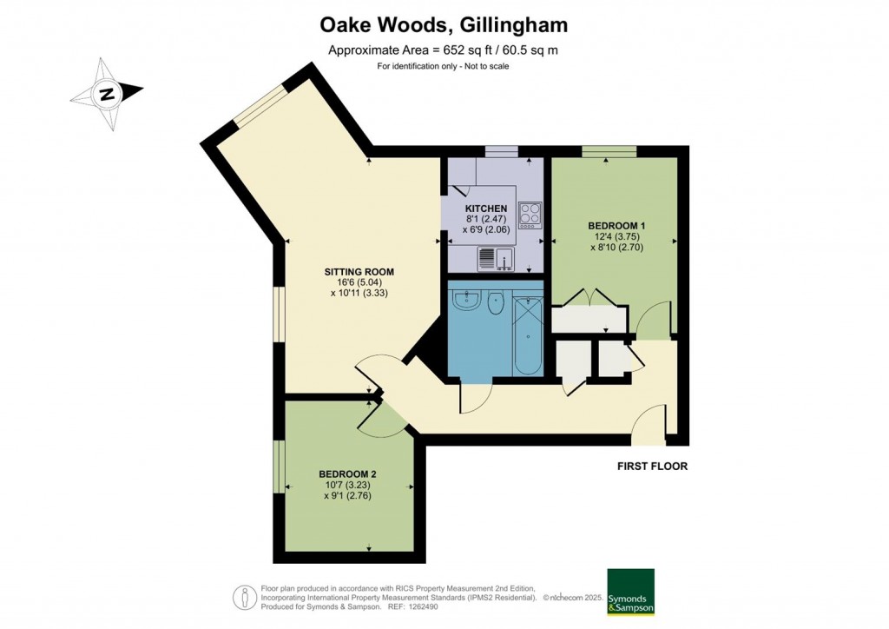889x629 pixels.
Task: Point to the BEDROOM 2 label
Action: [x=347, y=473]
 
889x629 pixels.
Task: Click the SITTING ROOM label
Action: [x=356, y=270]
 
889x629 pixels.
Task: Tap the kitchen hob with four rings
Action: [x=530, y=214]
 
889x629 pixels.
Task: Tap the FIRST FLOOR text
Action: [x=652, y=467]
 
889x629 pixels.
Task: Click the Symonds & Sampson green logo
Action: [x=630, y=593]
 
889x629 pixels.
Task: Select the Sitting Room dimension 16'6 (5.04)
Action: [x=356, y=281]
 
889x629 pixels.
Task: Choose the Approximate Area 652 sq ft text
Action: [x=443, y=50]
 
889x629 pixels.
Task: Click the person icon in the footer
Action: [x=243, y=598]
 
